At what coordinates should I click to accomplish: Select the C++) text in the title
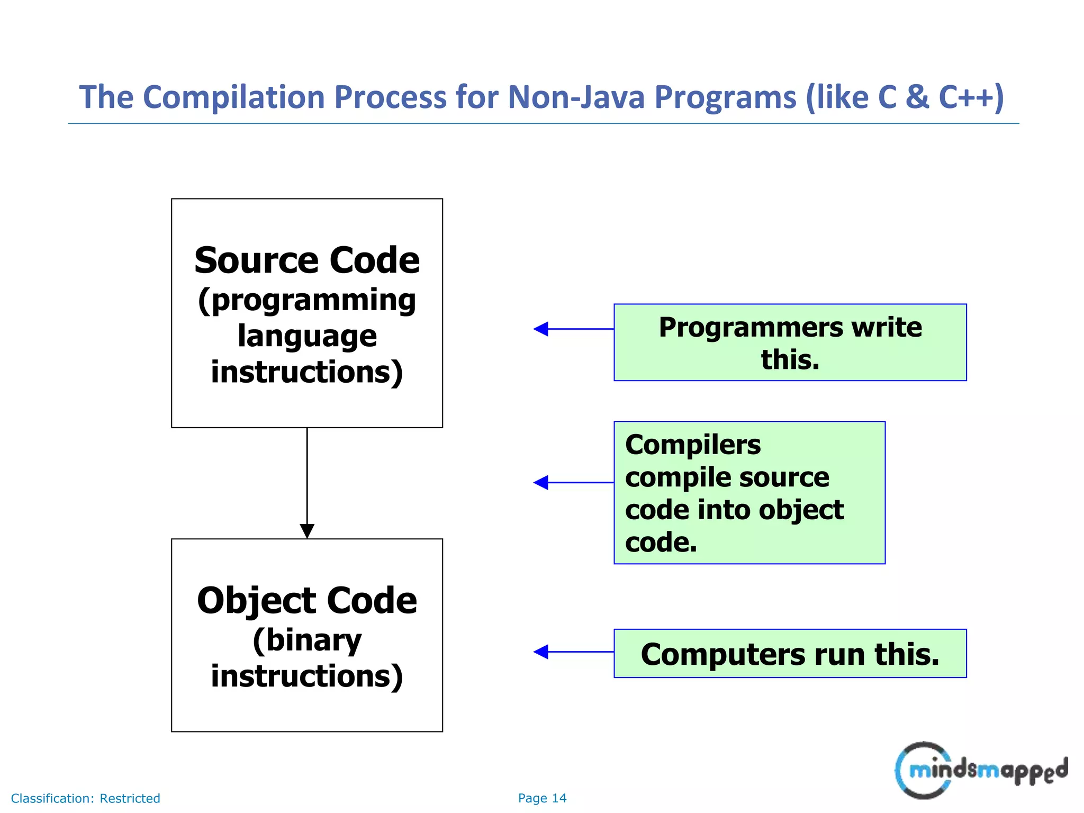[x=971, y=97]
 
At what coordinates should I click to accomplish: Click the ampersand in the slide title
[x=917, y=97]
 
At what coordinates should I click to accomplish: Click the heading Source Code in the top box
[x=307, y=260]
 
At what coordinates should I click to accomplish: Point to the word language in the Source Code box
[x=307, y=336]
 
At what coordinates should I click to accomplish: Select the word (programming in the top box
[x=307, y=301]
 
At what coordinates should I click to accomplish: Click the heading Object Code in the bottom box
[x=307, y=601]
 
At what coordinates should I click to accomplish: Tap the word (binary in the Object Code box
[x=307, y=640]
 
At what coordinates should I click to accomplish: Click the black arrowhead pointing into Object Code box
[x=307, y=531]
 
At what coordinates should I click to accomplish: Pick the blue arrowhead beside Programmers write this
[x=541, y=329]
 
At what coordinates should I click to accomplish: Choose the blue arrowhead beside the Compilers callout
[x=541, y=483]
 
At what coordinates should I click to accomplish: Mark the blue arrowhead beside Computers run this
[x=541, y=652]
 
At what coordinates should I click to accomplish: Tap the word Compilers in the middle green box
[x=693, y=445]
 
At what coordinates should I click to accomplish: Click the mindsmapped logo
[x=981, y=770]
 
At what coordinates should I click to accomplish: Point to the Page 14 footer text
[x=542, y=798]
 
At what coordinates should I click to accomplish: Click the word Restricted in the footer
[x=130, y=798]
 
